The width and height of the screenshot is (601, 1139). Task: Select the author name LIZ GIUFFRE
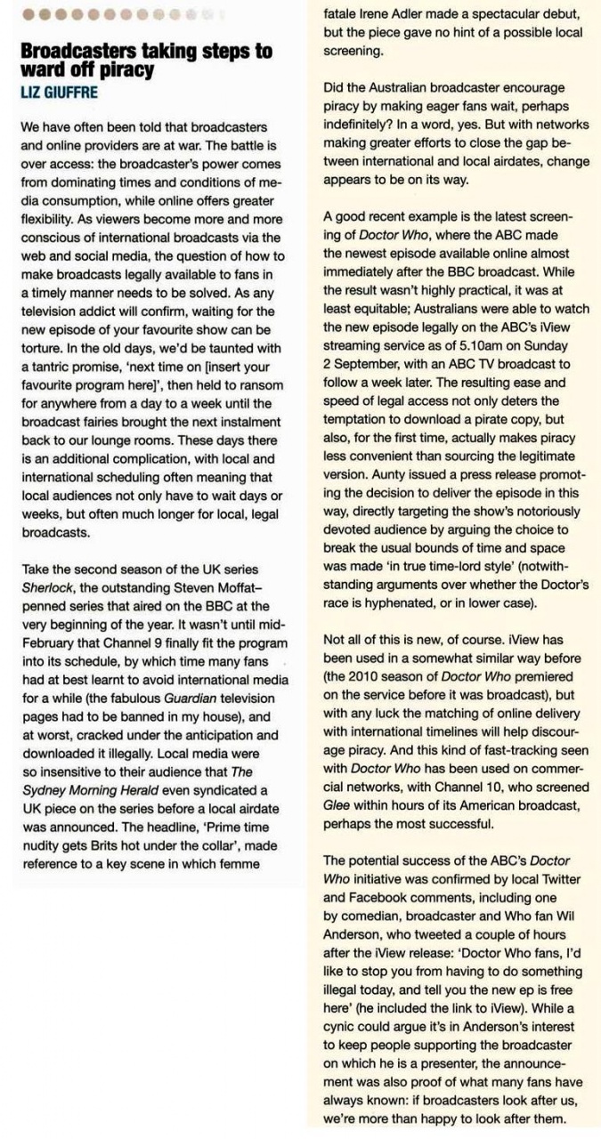(61, 91)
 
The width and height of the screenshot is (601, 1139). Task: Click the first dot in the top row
(28, 14)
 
